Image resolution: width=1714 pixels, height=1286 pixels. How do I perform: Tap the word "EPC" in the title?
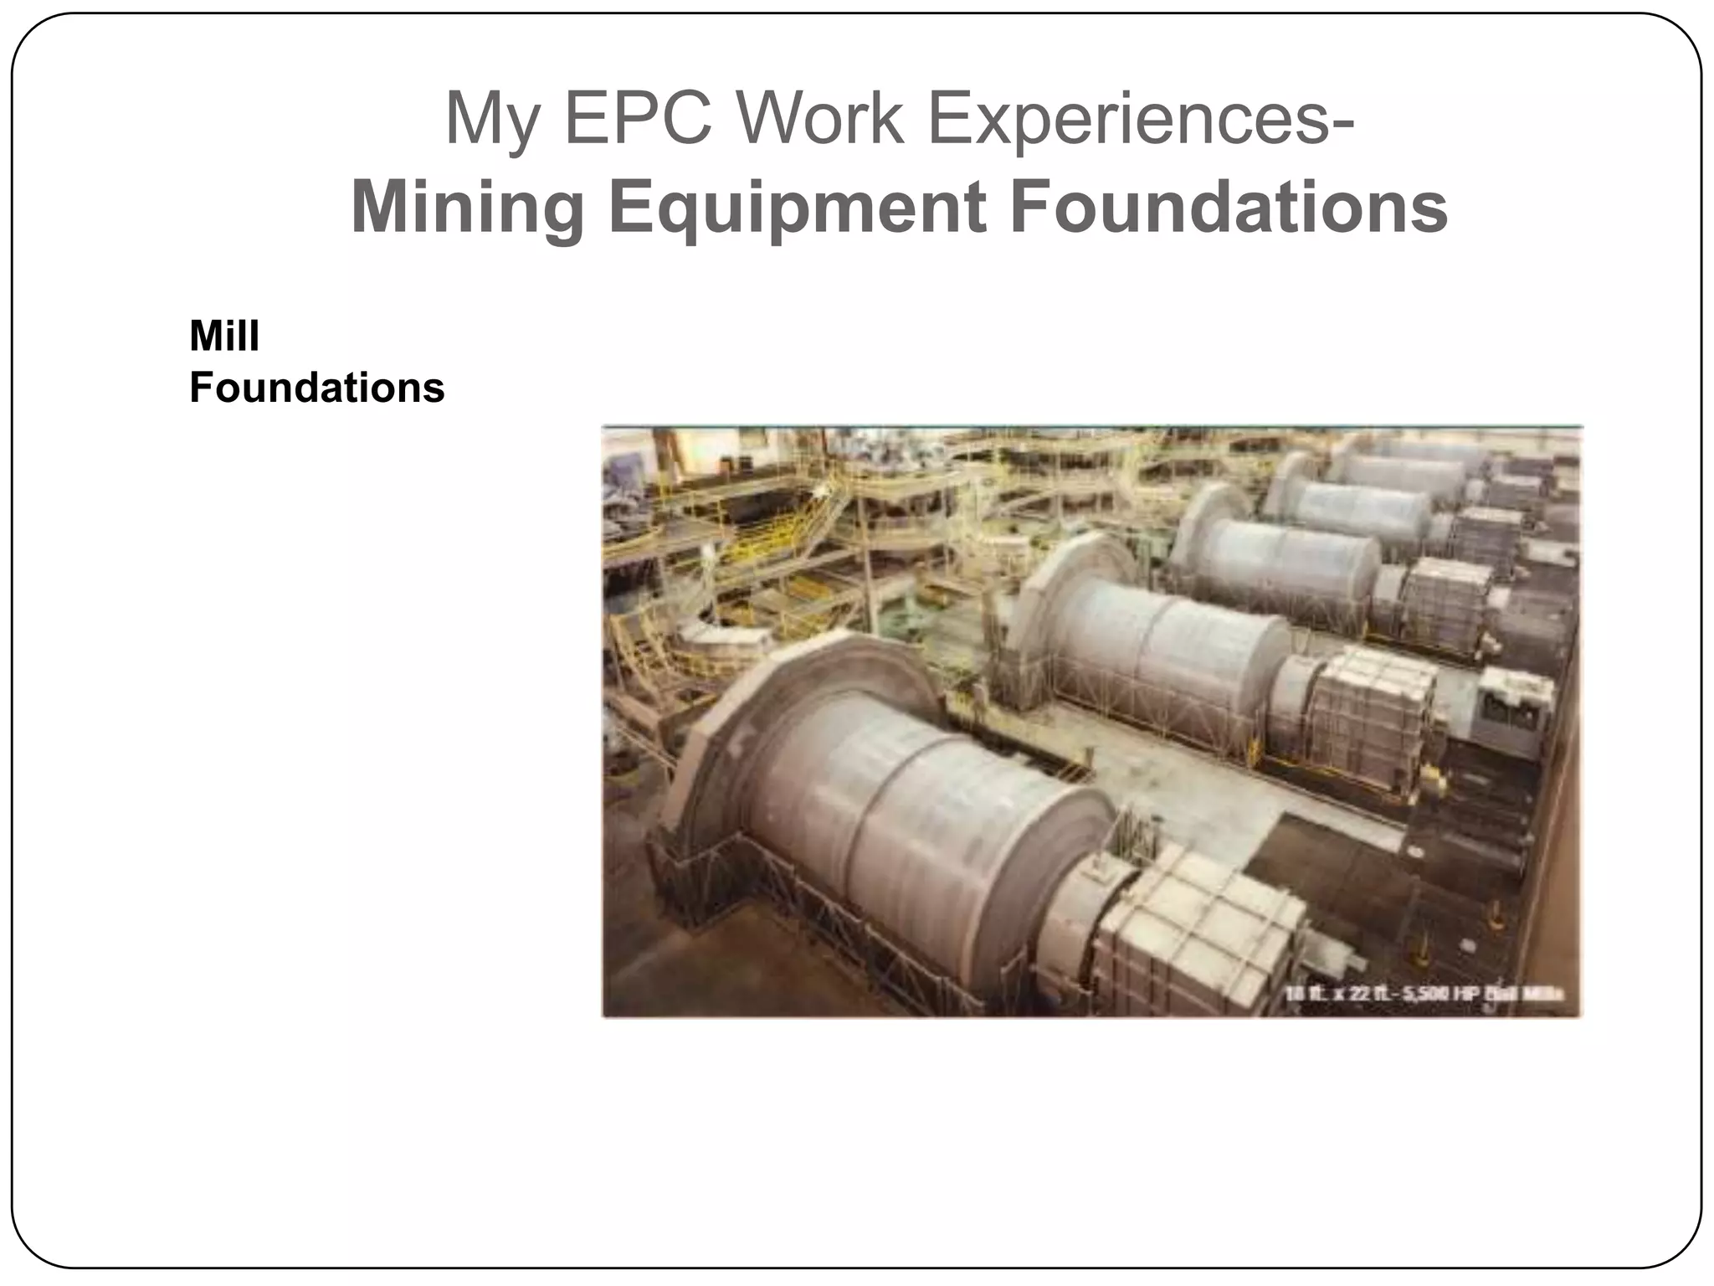point(637,120)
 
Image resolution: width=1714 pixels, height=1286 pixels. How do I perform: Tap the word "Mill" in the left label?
point(224,337)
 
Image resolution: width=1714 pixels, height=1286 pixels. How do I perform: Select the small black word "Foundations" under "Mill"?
point(316,388)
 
